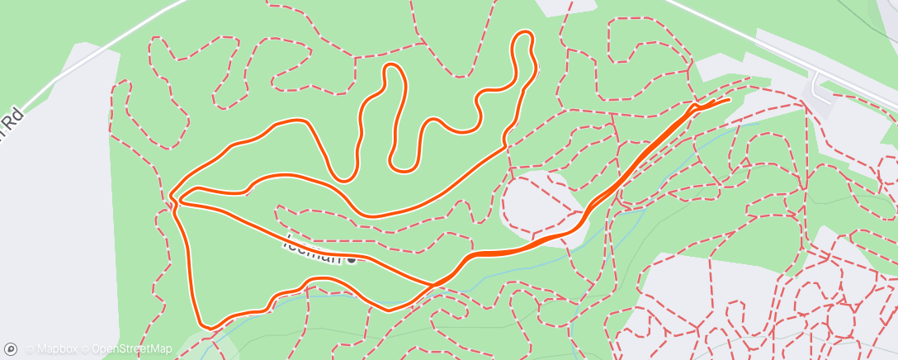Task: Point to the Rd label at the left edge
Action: (12, 118)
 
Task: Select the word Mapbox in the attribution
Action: (58, 349)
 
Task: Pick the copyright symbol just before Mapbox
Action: (31, 349)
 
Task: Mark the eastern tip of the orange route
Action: (730, 100)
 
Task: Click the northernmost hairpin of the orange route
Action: (523, 34)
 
